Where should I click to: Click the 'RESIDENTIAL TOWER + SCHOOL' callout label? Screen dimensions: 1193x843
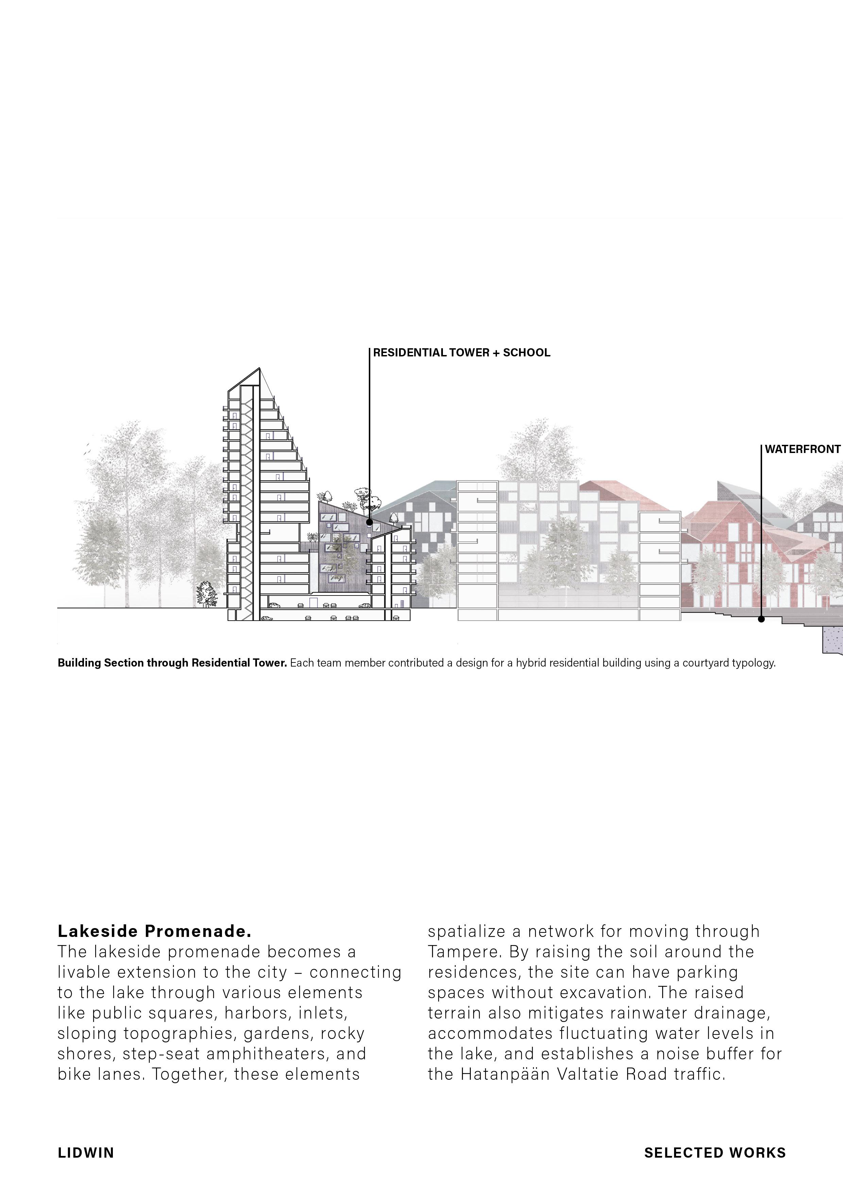click(461, 353)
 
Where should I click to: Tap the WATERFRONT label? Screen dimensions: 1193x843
click(803, 450)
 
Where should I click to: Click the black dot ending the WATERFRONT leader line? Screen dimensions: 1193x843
click(761, 619)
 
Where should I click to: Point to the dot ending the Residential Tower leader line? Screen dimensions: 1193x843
click(369, 522)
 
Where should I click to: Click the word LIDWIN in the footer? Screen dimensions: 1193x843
click(86, 1153)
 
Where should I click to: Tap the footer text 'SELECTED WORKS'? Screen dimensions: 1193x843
click(715, 1153)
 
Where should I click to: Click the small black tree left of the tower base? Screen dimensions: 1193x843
click(206, 594)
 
